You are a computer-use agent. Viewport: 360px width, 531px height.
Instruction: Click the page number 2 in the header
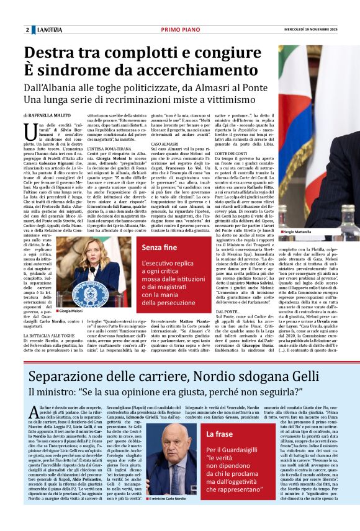[x=27, y=30]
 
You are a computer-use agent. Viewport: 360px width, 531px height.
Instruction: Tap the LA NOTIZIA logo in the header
[x=48, y=30]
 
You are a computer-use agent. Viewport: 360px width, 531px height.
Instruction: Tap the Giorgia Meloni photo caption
[x=74, y=310]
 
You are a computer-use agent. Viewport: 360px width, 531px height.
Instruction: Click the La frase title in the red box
[x=220, y=434]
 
